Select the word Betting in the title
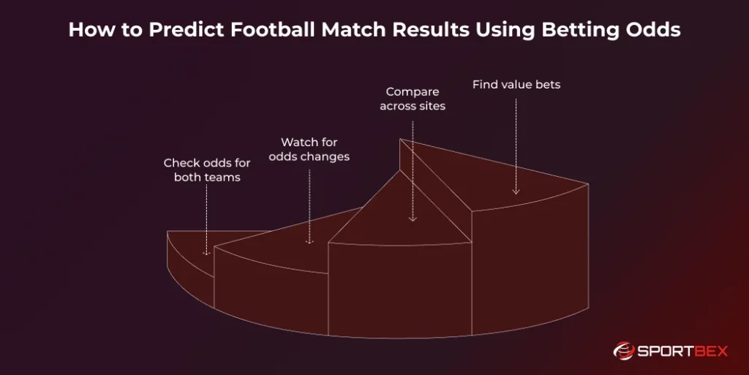tap(583, 30)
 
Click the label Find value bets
tap(516, 85)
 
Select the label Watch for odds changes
tap(309, 149)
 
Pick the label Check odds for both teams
tap(207, 170)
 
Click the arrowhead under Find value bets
tap(516, 192)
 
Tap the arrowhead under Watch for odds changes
tap(309, 240)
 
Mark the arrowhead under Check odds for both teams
tap(207, 252)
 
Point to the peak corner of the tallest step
tap(400, 139)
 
